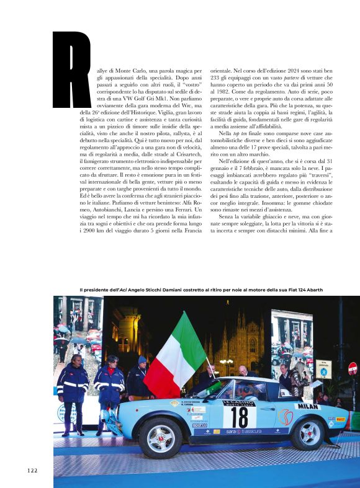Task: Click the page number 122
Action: [32, 470]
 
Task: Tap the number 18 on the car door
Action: [240, 417]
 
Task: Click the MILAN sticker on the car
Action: [308, 406]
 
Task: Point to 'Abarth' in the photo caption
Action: [310, 290]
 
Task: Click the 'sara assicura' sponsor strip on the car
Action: [243, 431]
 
